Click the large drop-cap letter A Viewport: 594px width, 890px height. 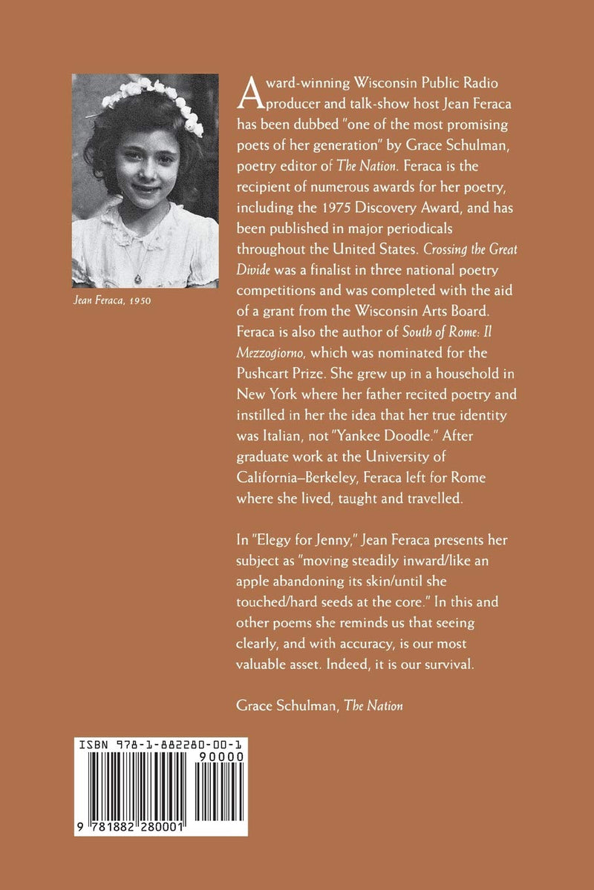tap(247, 91)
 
